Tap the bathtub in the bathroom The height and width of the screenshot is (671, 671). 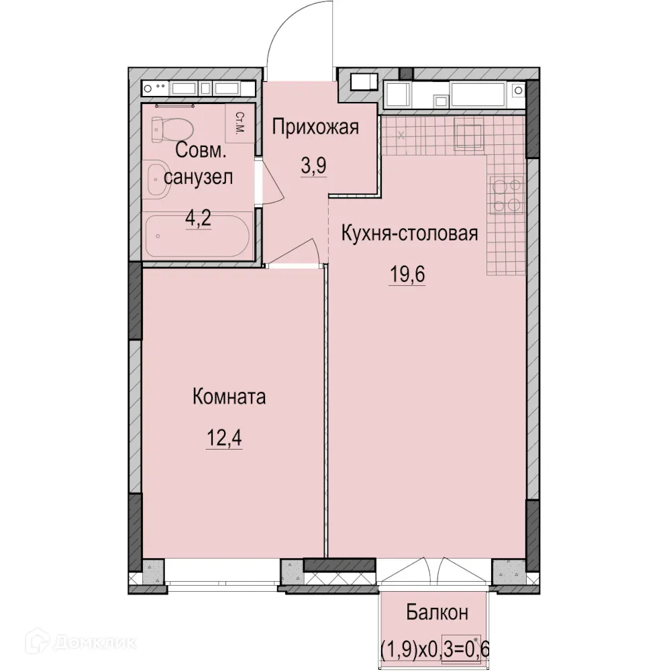[197, 236]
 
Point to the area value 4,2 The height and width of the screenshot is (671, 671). [199, 218]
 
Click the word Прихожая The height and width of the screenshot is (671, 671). [316, 127]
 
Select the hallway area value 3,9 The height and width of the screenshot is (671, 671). [313, 166]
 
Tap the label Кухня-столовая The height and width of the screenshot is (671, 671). [409, 234]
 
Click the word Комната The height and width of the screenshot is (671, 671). [229, 397]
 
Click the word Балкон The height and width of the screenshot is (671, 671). [436, 612]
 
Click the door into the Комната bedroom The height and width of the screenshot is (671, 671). [299, 253]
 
